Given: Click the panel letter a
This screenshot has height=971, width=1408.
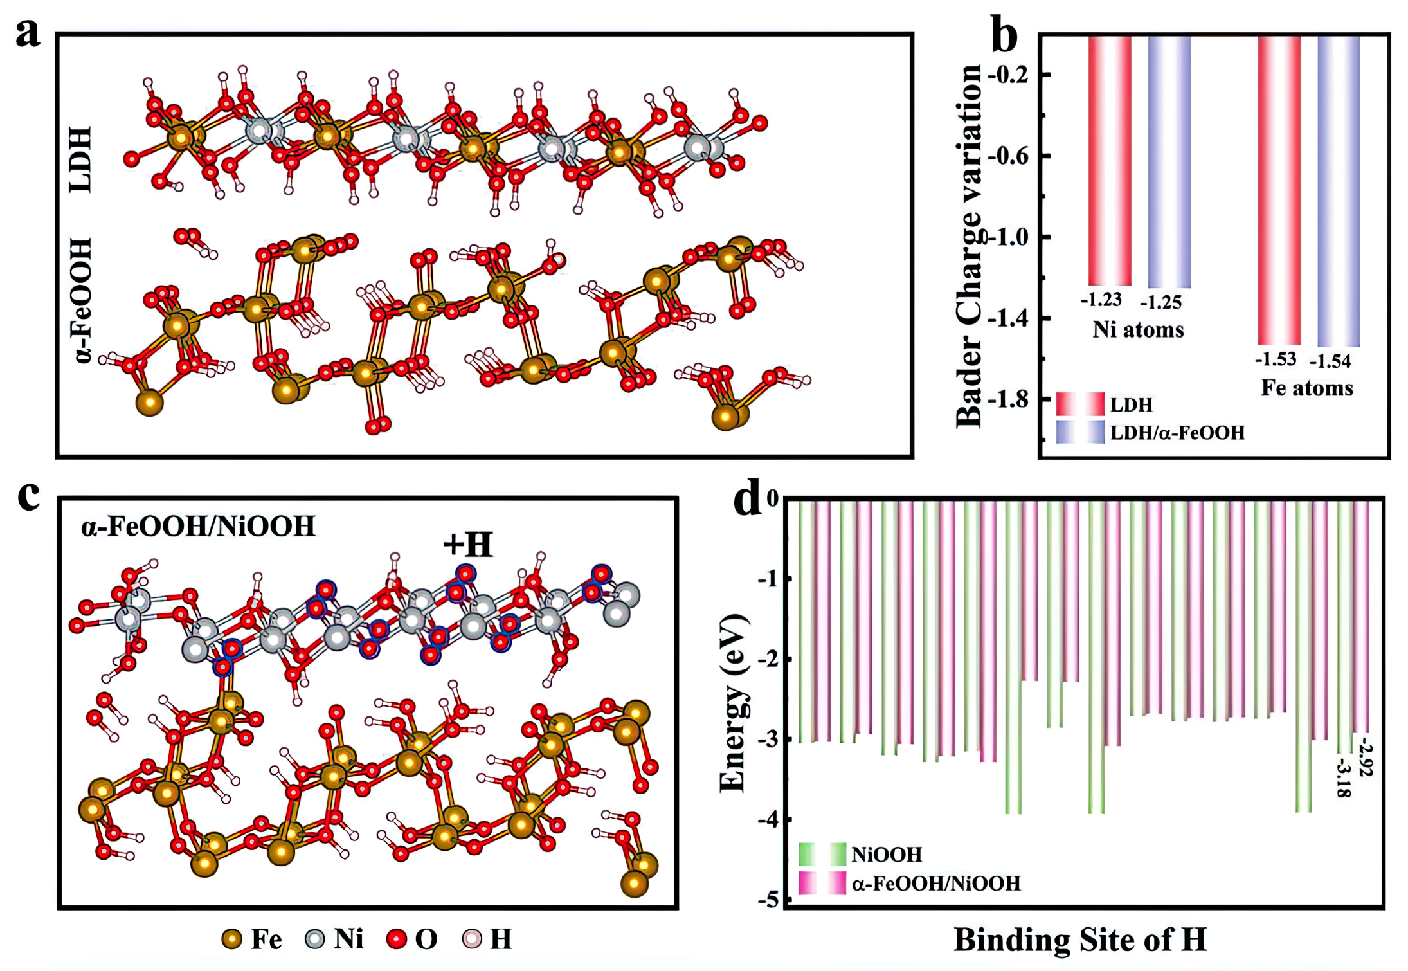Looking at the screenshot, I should [28, 33].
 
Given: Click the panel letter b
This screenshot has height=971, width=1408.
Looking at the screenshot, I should [1004, 37].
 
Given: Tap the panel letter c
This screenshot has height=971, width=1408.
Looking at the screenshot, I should [28, 496].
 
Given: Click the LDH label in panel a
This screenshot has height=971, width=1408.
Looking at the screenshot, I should [81, 159].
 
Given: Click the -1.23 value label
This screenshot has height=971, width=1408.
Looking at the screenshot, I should [1101, 300].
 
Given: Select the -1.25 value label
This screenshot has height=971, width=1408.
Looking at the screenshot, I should [1160, 302].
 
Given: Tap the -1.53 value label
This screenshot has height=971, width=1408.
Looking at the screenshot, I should [1276, 359].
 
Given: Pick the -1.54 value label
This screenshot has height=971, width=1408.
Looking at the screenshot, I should [1330, 361].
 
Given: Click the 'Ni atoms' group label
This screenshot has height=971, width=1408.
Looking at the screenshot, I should [1138, 330].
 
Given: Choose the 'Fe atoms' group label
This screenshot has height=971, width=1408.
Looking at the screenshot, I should [1306, 388].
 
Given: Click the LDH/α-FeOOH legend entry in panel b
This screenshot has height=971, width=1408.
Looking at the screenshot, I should [1177, 433].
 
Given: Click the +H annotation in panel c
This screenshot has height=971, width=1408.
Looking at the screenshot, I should [467, 545].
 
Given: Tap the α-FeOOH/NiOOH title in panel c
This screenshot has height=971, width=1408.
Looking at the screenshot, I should [198, 527].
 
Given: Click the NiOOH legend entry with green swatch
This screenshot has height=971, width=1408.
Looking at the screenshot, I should [886, 855].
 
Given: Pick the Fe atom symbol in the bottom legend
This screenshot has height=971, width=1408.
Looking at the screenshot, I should [231, 939].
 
